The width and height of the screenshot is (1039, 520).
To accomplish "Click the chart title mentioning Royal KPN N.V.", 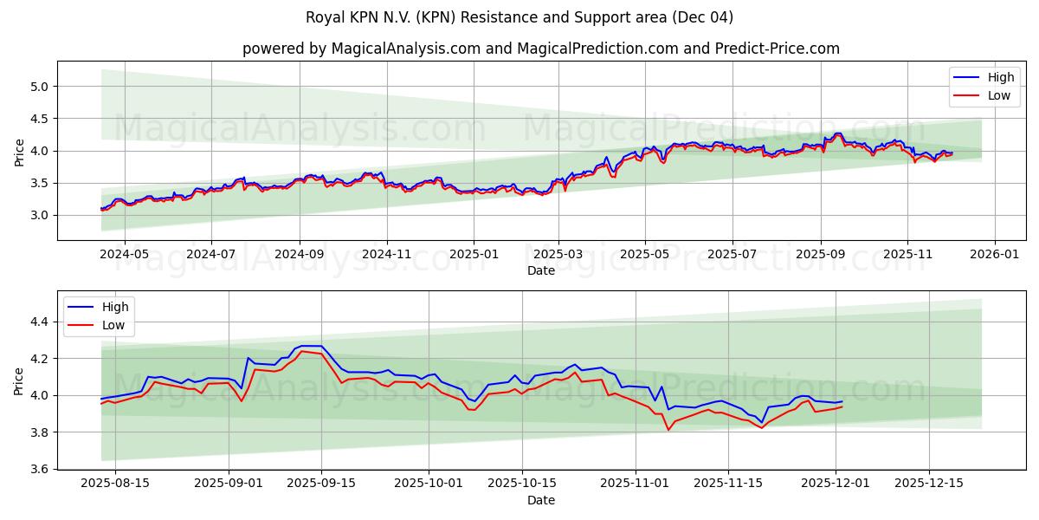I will tap(519, 17).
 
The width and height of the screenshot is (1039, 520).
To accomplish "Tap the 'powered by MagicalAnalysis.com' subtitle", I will tap(541, 49).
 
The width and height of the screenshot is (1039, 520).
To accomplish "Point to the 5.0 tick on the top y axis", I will tap(40, 87).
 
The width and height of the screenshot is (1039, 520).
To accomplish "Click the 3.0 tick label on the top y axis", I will tap(40, 215).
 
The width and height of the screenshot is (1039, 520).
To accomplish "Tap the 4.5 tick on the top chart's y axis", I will tap(40, 119).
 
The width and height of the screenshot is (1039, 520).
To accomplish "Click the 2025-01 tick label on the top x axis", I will tap(473, 254).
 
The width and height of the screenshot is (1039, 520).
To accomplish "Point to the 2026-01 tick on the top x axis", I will tap(994, 254).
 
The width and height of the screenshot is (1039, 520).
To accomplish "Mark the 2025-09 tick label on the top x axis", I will tap(820, 254).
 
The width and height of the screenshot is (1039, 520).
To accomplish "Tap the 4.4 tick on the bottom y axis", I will tap(40, 322).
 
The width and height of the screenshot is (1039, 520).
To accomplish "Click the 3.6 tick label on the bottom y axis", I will tap(40, 469).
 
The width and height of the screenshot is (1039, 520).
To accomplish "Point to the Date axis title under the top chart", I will tap(541, 270).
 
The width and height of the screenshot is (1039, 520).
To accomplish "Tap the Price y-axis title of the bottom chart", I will tap(19, 380).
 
